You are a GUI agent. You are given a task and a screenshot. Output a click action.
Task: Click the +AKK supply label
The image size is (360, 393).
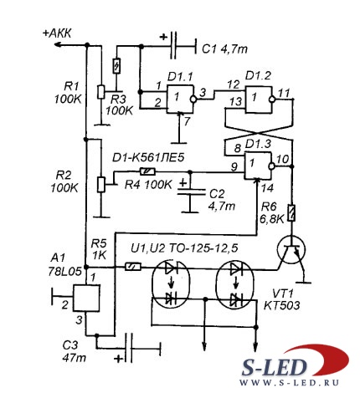tap(57, 33)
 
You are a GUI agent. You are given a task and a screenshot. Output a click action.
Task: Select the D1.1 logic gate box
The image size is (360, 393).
tap(180, 99)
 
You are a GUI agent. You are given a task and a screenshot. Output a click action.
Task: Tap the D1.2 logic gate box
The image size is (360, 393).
tap(258, 99)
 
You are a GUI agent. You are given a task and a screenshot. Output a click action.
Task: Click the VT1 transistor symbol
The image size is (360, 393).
tap(291, 250)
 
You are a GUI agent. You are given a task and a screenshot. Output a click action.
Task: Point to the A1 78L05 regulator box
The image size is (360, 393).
tap(86, 298)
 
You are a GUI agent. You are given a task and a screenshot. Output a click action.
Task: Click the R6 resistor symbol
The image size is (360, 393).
tap(291, 213)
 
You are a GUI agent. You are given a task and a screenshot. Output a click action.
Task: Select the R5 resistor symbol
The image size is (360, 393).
tap(132, 267)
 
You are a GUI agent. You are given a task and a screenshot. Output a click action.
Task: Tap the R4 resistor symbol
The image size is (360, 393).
tap(147, 171)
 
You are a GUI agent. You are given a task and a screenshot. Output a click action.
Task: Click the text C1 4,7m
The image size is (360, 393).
tap(224, 49)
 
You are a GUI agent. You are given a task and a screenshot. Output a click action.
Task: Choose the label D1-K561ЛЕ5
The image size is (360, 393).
tap(148, 158)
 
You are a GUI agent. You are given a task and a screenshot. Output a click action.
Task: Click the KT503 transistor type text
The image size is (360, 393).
tap(282, 305)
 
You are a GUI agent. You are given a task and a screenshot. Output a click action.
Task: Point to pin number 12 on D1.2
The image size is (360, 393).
tap(233, 84)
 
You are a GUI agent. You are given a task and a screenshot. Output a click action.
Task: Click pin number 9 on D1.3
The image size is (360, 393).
tap(234, 166)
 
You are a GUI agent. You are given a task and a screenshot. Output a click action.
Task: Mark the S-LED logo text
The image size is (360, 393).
tap(274, 367)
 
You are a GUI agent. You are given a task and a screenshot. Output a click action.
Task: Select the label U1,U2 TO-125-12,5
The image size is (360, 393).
tap(184, 248)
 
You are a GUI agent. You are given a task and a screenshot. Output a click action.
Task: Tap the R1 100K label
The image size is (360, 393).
tap(69, 93)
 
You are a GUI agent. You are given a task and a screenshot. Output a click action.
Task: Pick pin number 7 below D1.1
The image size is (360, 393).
tap(187, 121)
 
